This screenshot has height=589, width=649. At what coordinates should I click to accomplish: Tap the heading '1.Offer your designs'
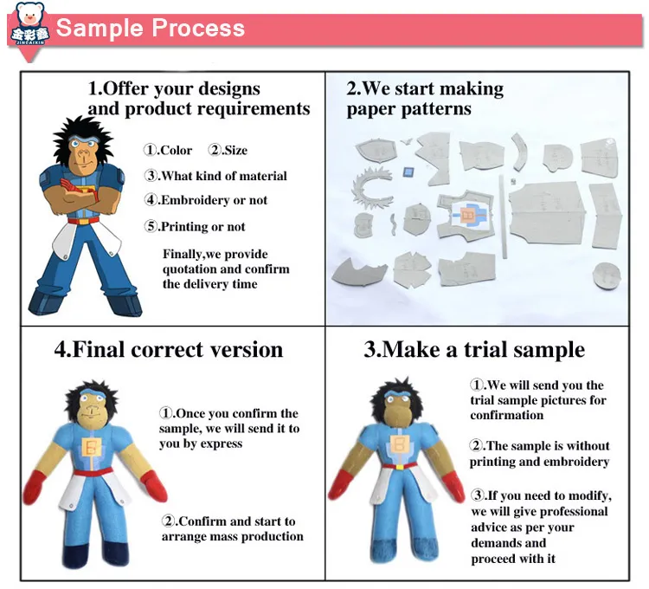pyautogui.click(x=174, y=89)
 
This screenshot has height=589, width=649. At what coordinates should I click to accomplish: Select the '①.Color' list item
pyautogui.click(x=168, y=150)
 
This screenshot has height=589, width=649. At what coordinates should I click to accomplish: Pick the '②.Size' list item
pyautogui.click(x=228, y=150)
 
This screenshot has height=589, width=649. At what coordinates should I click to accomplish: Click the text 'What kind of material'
pyautogui.click(x=223, y=176)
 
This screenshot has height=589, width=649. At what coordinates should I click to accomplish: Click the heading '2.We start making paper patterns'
pyautogui.click(x=424, y=99)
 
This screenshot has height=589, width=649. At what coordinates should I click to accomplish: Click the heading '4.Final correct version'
pyautogui.click(x=169, y=350)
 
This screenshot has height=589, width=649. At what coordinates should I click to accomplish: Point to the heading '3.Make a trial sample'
pyautogui.click(x=473, y=350)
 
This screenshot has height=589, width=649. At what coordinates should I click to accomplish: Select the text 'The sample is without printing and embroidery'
pyautogui.click(x=539, y=454)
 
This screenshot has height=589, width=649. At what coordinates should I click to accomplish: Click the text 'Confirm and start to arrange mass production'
pyautogui.click(x=232, y=528)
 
